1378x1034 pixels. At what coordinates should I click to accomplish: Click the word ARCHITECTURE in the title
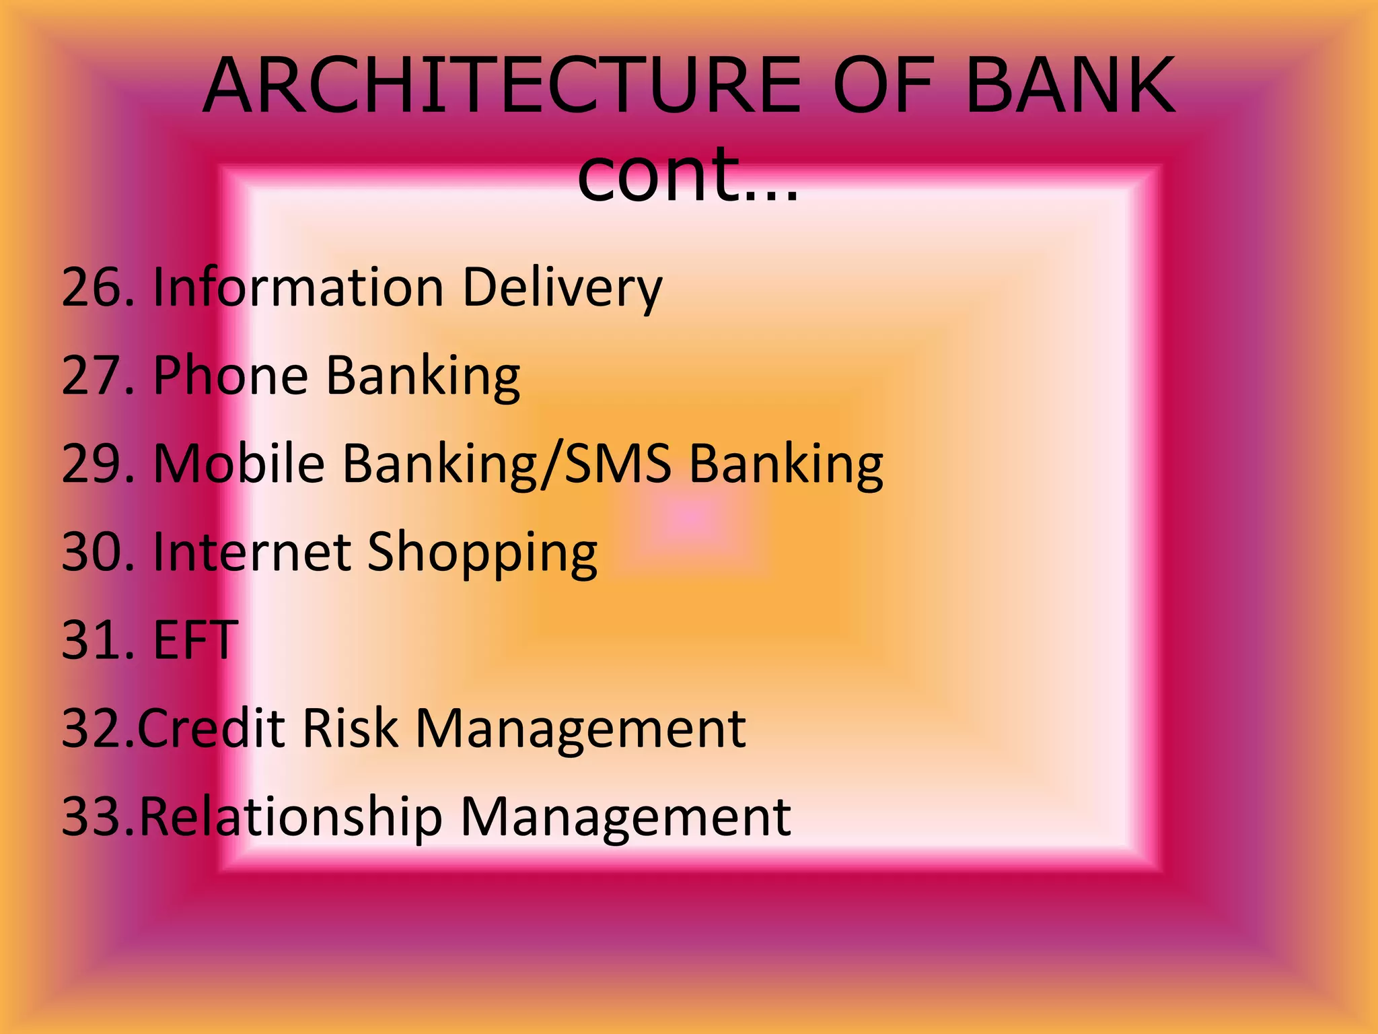coord(501,86)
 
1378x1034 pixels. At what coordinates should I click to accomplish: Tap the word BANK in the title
coord(1070,86)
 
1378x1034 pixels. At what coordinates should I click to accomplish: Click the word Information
coord(298,287)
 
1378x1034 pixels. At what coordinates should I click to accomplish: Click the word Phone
coord(231,376)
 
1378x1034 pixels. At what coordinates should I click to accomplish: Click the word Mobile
coord(240,464)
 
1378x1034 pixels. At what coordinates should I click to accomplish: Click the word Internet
coord(252,552)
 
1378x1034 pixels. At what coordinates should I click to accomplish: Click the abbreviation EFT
coord(195,640)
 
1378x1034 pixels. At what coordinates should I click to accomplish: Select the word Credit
coord(211,728)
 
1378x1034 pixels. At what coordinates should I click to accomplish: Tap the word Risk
coord(350,728)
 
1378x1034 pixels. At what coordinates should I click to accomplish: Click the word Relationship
coord(291,817)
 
